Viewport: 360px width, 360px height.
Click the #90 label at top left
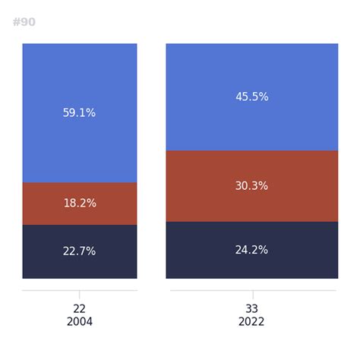(24, 22)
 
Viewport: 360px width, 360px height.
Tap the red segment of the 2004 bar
(46, 204)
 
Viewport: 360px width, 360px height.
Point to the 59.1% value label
(79, 112)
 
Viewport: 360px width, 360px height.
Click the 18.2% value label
(79, 204)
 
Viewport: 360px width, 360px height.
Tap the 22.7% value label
(79, 251)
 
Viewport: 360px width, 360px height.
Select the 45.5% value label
(252, 97)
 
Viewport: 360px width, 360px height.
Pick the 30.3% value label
(252, 186)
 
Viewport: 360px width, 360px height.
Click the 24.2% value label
(252, 250)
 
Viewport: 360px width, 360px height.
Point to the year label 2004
(79, 322)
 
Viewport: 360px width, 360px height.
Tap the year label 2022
(252, 322)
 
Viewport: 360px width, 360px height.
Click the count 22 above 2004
(79, 309)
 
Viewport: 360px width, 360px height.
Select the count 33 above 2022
(252, 309)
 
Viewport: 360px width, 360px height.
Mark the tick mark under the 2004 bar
(79, 295)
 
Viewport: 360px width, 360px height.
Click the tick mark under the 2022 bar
(253, 295)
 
